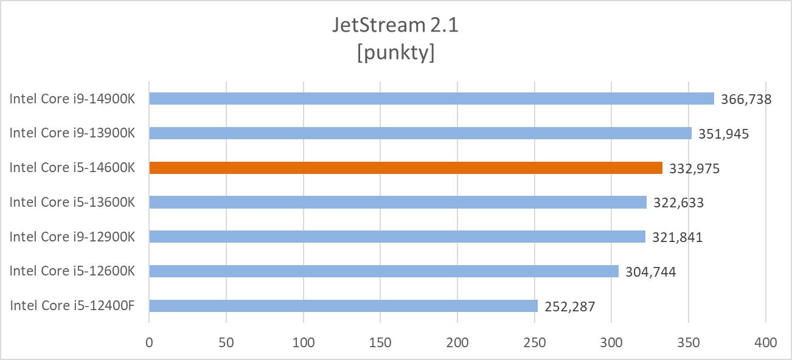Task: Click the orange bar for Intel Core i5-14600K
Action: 405,168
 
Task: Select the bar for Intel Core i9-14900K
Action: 431,99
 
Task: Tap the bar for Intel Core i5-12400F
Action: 343,306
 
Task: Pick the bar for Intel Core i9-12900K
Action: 397,237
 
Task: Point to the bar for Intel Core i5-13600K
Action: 397,202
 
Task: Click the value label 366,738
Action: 746,99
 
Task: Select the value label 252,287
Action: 569,306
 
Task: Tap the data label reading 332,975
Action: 694,168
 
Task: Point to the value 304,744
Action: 650,272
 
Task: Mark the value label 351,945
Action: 723,134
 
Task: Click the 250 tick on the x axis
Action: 534,343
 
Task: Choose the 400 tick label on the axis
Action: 765,343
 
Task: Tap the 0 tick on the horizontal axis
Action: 149,343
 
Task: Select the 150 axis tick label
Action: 380,343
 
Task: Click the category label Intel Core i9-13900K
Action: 72,133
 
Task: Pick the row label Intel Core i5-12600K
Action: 72,271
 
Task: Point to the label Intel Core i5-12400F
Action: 72,306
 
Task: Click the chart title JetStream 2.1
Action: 395,26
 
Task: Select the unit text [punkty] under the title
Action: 395,53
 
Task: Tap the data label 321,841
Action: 677,237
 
